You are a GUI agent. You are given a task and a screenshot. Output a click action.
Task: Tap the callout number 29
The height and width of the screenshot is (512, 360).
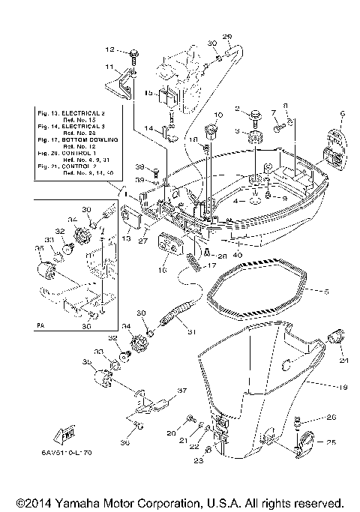point(227,37)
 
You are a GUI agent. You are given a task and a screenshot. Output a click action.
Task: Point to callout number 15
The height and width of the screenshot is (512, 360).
point(148,94)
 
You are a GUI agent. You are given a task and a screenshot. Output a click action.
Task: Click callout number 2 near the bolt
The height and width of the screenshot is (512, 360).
point(237,109)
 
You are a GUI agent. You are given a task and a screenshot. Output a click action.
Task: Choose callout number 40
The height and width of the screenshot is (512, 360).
point(239,254)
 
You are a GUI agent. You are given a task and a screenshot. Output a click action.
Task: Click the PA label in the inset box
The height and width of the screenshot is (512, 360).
point(40,327)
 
